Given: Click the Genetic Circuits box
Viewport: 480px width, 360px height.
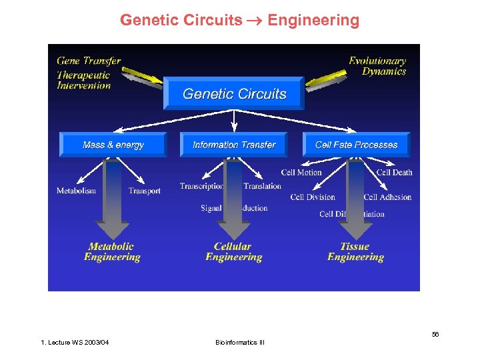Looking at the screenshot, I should click(x=234, y=94).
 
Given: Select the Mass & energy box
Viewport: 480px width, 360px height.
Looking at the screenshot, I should click(x=113, y=145).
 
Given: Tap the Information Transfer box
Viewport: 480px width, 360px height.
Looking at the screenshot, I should click(x=234, y=145).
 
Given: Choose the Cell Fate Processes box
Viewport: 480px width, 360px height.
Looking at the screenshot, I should click(x=356, y=145).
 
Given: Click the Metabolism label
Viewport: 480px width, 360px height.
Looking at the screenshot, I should click(x=76, y=191).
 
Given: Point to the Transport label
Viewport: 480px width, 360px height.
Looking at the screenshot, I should click(x=145, y=191).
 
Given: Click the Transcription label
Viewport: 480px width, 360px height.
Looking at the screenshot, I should click(x=201, y=186).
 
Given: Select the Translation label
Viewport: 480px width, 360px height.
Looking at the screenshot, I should click(x=262, y=186).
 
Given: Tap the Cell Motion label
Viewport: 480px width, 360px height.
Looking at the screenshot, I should click(x=301, y=173).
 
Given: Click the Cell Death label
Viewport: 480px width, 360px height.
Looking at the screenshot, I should click(x=394, y=173).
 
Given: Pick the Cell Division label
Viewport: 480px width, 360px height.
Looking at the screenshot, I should click(x=313, y=197).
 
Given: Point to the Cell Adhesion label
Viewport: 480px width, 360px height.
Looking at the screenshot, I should click(x=387, y=197).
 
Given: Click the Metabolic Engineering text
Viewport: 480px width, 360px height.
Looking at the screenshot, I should click(x=112, y=252).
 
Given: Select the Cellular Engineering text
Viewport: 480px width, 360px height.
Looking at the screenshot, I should click(x=233, y=252).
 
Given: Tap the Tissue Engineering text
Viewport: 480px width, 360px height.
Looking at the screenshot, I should click(x=355, y=252).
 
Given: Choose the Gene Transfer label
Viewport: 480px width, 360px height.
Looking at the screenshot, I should click(x=89, y=61).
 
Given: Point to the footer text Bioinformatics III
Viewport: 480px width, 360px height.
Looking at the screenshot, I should click(x=240, y=343).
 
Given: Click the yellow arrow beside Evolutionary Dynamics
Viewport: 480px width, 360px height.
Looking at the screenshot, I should click(x=325, y=78).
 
